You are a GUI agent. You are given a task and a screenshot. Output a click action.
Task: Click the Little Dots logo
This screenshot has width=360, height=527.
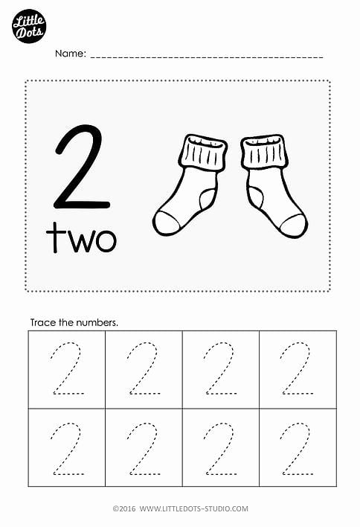point(29,26)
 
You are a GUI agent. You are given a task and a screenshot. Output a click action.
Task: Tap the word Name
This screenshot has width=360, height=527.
point(70,54)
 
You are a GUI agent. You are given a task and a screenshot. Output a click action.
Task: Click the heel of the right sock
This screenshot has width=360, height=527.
point(256,197)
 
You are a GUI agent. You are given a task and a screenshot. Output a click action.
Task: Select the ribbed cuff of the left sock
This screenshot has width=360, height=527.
point(203,153)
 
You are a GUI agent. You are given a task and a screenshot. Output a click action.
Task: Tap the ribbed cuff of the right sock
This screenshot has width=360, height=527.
point(265,152)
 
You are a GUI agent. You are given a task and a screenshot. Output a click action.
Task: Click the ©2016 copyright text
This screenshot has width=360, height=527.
point(124,508)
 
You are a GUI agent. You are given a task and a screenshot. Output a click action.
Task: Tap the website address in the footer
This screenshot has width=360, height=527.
point(194,508)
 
